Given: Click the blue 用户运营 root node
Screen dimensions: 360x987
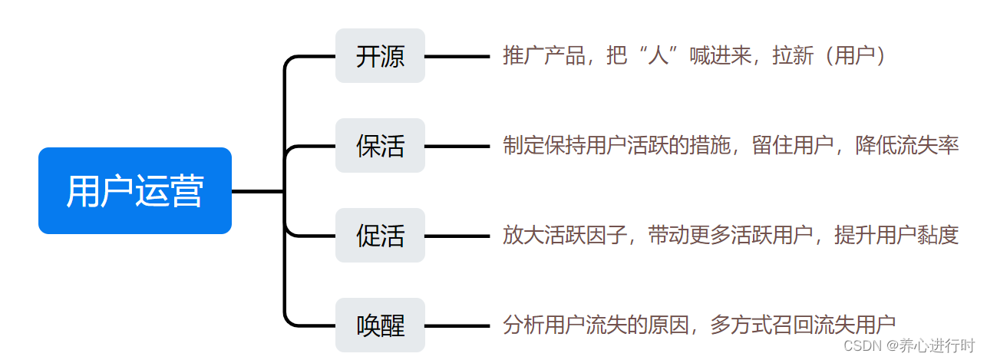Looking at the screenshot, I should pos(135,190).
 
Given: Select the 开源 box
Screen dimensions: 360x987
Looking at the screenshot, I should pos(380,56).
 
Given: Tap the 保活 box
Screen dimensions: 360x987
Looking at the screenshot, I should pos(380,146).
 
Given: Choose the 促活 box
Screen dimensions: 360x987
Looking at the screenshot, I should pos(380,236).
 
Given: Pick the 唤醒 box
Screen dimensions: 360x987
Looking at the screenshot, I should pos(380,325).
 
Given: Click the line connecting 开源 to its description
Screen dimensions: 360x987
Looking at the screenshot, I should pos(457,56).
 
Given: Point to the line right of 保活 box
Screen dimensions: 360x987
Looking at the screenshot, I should pos(457,146).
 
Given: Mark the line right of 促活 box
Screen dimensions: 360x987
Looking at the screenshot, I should pos(457,236).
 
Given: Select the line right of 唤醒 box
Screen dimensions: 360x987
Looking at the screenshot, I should pos(457,325).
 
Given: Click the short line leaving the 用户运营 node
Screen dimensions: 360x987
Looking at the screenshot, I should pos(257,190).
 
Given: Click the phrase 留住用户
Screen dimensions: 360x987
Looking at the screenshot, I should pos(793,146).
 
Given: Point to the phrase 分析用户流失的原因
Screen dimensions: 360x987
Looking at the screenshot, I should pos(595,325).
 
